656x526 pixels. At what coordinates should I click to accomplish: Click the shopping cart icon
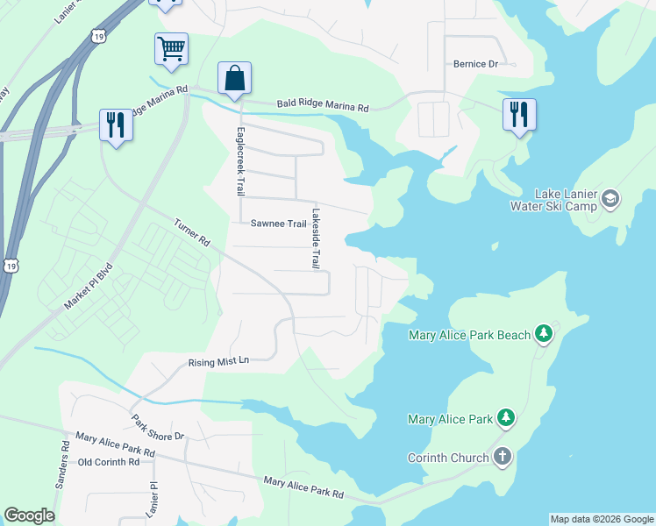point(171,48)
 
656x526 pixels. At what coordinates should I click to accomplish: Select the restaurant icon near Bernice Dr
point(519,113)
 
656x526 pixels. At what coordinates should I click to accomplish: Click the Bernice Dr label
point(475,64)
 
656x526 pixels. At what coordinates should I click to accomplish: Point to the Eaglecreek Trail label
point(238,162)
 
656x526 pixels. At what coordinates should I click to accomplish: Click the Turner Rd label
point(193,232)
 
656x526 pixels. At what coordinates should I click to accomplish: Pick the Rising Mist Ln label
point(219,361)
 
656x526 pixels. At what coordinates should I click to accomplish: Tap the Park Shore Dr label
point(159,424)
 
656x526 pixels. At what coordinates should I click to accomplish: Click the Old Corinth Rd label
point(109,462)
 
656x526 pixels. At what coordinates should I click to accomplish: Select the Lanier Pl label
point(152,497)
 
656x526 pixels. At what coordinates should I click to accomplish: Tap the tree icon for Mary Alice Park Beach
point(544,334)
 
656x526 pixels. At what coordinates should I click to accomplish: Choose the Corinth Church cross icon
point(502,457)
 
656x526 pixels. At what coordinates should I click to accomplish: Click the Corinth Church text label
point(447,458)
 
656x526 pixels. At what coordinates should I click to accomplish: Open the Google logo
point(29,515)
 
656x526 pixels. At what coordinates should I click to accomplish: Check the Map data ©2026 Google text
point(602,519)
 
